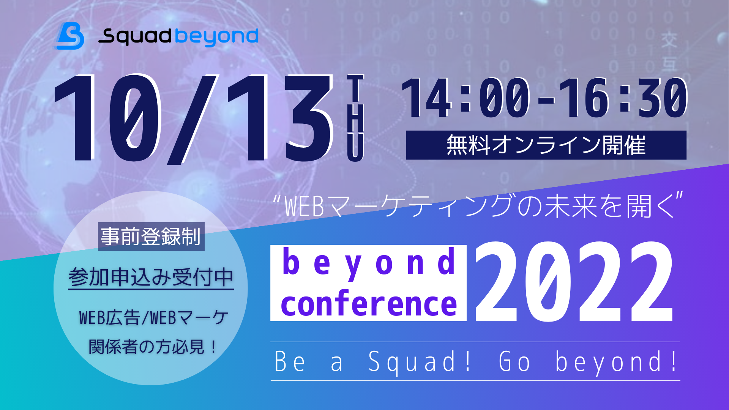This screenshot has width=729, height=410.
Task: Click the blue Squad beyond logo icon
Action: pyautogui.click(x=69, y=36)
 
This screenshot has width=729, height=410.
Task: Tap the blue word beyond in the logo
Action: pyautogui.click(x=217, y=37)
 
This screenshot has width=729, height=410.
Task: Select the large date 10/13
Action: pyautogui.click(x=194, y=118)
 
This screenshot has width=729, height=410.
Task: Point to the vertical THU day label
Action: pyautogui.click(x=355, y=118)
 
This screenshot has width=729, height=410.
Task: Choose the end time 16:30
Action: pyautogui.click(x=623, y=98)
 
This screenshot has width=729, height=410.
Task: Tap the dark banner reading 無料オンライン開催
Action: pyautogui.click(x=546, y=145)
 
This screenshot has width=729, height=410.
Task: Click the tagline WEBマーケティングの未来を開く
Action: pyautogui.click(x=478, y=206)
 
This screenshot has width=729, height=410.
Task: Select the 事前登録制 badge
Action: pyautogui.click(x=151, y=237)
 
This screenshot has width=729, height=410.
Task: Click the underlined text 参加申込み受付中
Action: pyautogui.click(x=151, y=277)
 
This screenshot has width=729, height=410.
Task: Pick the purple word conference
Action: pyautogui.click(x=369, y=303)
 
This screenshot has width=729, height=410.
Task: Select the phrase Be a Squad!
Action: pyautogui.click(x=372, y=361)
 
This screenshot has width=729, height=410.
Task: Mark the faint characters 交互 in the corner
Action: pyautogui.click(x=669, y=52)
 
